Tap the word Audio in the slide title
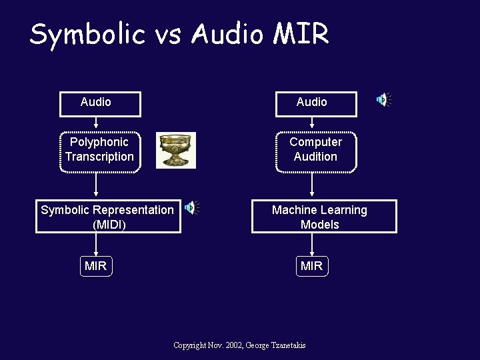[227, 34]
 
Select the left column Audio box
[100, 103]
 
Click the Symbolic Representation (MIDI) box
[108, 217]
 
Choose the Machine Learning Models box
[323, 217]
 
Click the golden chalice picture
[176, 150]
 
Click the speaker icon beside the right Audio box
[383, 100]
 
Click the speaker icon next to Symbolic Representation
[192, 208]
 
